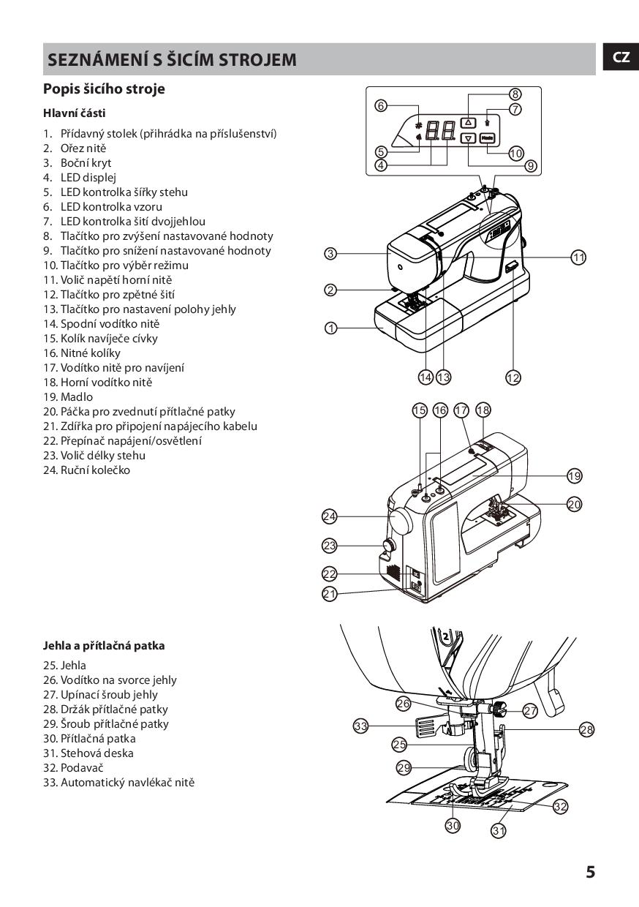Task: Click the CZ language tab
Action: (x=621, y=58)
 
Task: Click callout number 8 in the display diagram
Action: (x=515, y=94)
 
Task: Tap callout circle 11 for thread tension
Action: (x=578, y=257)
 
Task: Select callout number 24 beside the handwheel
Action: (x=330, y=517)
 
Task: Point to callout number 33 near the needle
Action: (x=360, y=726)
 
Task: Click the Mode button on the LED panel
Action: (x=488, y=138)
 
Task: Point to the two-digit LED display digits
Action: (x=439, y=130)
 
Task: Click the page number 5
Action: (x=590, y=872)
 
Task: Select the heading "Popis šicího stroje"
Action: (x=104, y=89)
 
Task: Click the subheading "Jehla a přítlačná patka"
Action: (x=104, y=646)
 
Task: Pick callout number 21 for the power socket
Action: (x=330, y=594)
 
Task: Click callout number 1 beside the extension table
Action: (x=330, y=328)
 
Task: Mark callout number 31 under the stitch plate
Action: (x=499, y=830)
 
